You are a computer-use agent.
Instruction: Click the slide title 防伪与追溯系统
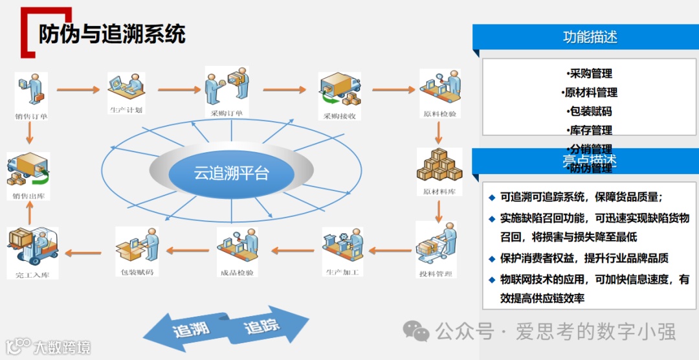tap(112, 34)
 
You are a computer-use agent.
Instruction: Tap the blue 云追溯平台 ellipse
tap(231, 173)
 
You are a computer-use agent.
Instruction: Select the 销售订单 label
tap(32, 117)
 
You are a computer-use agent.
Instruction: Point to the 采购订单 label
tap(227, 114)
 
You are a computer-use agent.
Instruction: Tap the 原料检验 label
tap(439, 114)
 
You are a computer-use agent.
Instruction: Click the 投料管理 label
tap(435, 274)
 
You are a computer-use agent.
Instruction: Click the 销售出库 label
tap(28, 195)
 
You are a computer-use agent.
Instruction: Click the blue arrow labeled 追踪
tap(269, 326)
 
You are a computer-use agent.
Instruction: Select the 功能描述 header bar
tap(585, 37)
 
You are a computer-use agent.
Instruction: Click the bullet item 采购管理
tap(589, 74)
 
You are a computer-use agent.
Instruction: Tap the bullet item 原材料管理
tap(589, 93)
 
